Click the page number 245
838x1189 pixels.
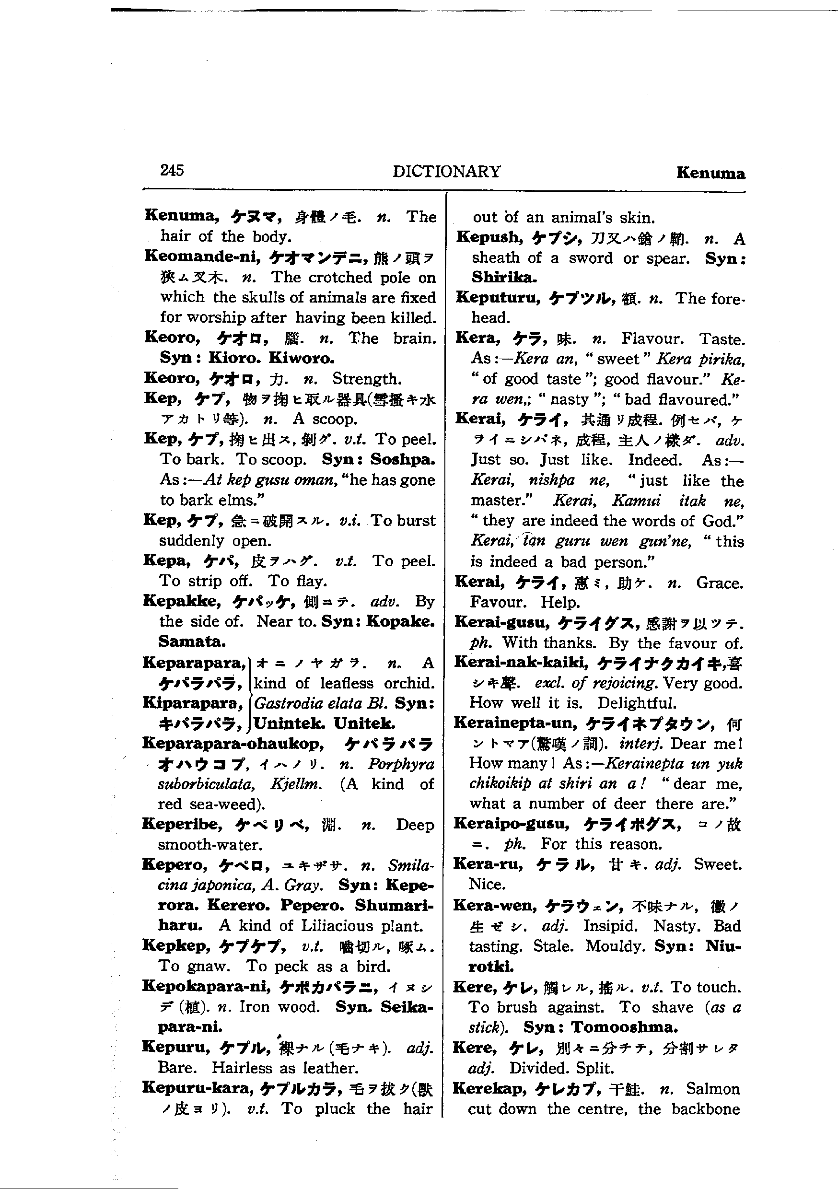point(172,170)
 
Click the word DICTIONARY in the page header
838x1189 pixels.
point(446,172)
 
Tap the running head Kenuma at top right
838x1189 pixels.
point(710,173)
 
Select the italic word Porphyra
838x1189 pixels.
point(401,764)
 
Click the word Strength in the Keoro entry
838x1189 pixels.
point(366,379)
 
